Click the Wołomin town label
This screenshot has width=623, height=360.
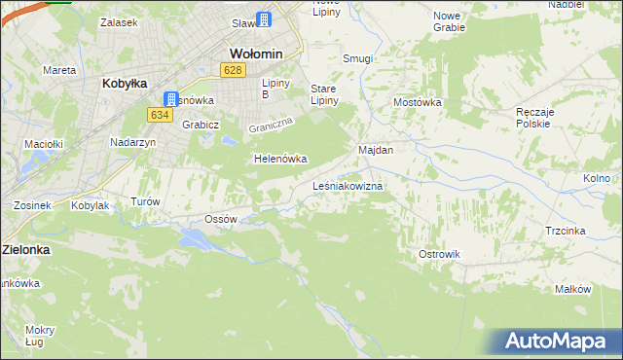255,53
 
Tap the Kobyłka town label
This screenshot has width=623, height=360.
124,84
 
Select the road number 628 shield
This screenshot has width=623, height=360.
233,70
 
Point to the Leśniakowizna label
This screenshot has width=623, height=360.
348,185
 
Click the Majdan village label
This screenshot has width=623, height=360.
376,151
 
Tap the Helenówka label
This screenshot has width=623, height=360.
280,159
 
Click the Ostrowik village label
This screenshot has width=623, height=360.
439,254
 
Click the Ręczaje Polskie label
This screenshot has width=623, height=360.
534,119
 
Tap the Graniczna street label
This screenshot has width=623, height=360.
271,126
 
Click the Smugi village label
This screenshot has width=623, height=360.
357,58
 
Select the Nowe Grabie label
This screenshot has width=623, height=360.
449,21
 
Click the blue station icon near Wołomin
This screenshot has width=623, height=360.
264,18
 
